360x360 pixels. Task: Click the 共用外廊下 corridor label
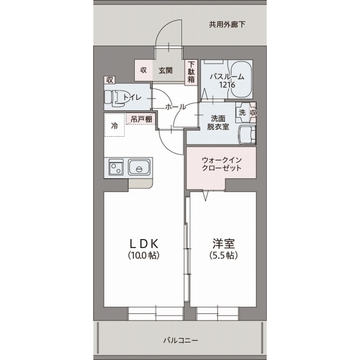227,25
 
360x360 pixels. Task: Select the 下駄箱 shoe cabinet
191,72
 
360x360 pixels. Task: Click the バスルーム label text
227,77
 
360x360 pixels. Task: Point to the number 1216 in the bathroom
227,85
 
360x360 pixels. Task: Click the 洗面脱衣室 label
218,123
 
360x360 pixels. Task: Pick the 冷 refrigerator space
114,126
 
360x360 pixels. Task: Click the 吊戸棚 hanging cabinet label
141,119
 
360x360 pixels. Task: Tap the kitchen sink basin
138,167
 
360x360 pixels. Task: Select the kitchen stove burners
116,168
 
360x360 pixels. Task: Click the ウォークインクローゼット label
221,163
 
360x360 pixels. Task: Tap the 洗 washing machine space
242,112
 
